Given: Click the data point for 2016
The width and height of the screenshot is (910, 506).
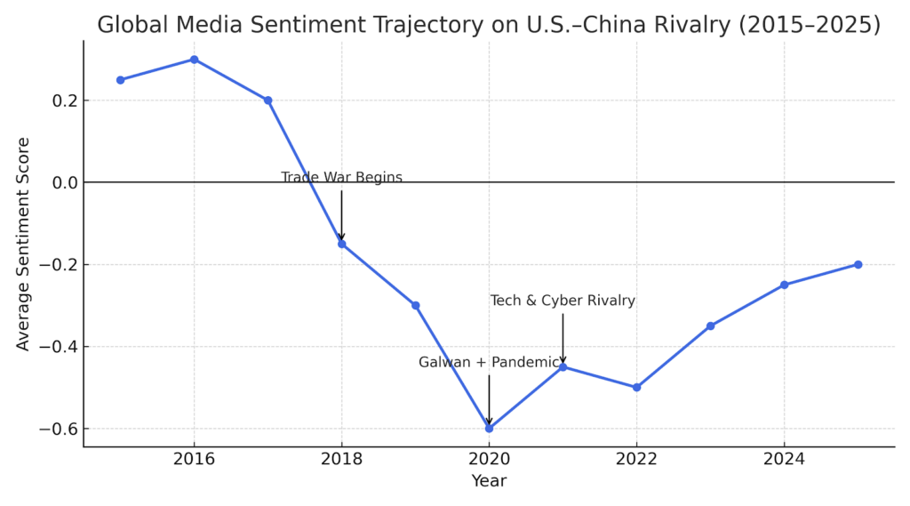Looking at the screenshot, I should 194,60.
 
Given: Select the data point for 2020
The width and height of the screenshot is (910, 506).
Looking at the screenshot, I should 489,428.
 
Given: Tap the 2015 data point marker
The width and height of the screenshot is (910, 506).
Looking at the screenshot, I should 120,80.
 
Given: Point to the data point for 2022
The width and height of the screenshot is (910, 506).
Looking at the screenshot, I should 636,387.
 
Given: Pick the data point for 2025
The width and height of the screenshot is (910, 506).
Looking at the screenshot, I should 858,264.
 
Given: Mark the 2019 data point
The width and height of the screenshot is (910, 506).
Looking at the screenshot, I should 415,305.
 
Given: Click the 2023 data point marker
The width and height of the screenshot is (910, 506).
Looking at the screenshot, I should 710,325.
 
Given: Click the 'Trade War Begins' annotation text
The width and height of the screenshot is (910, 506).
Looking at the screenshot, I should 341,178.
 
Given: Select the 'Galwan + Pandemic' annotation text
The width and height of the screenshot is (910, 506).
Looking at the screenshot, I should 489,363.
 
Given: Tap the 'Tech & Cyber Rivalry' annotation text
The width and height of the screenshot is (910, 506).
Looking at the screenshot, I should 563,301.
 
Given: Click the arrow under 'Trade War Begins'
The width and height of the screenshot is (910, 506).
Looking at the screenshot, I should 341,215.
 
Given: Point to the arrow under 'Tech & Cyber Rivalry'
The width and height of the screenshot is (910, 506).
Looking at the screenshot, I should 563,338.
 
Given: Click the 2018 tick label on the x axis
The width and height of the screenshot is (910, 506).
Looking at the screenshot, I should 341,459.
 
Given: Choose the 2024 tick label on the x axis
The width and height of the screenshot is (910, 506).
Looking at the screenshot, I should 784,459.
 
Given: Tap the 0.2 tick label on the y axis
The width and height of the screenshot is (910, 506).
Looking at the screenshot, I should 62,100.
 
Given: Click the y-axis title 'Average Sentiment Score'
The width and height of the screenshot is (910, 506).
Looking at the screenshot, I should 23,244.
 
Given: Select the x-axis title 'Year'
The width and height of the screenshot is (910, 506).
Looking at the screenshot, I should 489,481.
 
